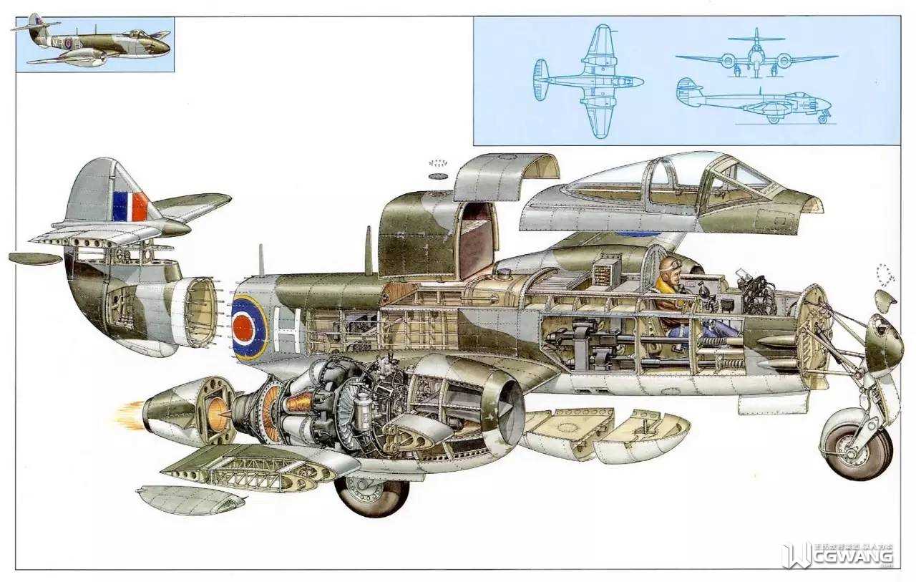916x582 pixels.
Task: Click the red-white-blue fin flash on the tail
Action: click(130, 206)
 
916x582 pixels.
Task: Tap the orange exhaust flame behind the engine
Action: click(130, 414)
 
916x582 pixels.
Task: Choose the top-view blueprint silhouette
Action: click(588, 82)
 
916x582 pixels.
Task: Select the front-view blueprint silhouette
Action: click(756, 56)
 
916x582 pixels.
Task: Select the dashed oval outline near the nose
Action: click(885, 275)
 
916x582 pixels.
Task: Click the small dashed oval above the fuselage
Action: click(437, 163)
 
